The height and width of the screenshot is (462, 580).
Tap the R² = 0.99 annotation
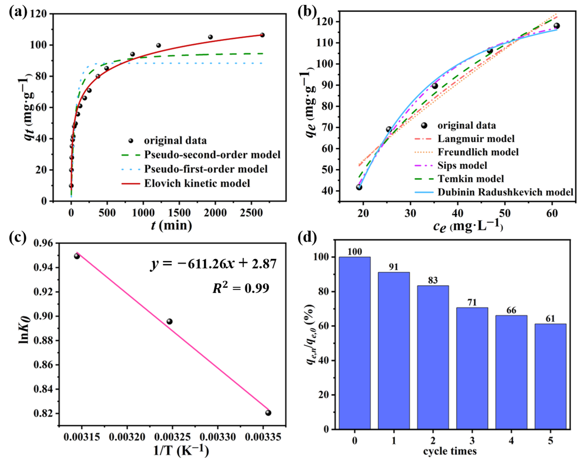(241, 288)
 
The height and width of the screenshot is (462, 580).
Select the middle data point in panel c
(169, 321)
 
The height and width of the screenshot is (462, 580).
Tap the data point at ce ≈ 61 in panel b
(557, 26)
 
